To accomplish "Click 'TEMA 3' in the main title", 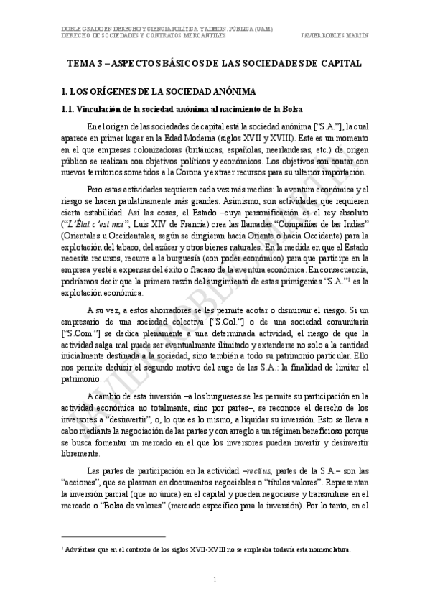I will pyautogui.click(x=85, y=64).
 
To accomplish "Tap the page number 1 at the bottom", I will pyautogui.click(x=215, y=580).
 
